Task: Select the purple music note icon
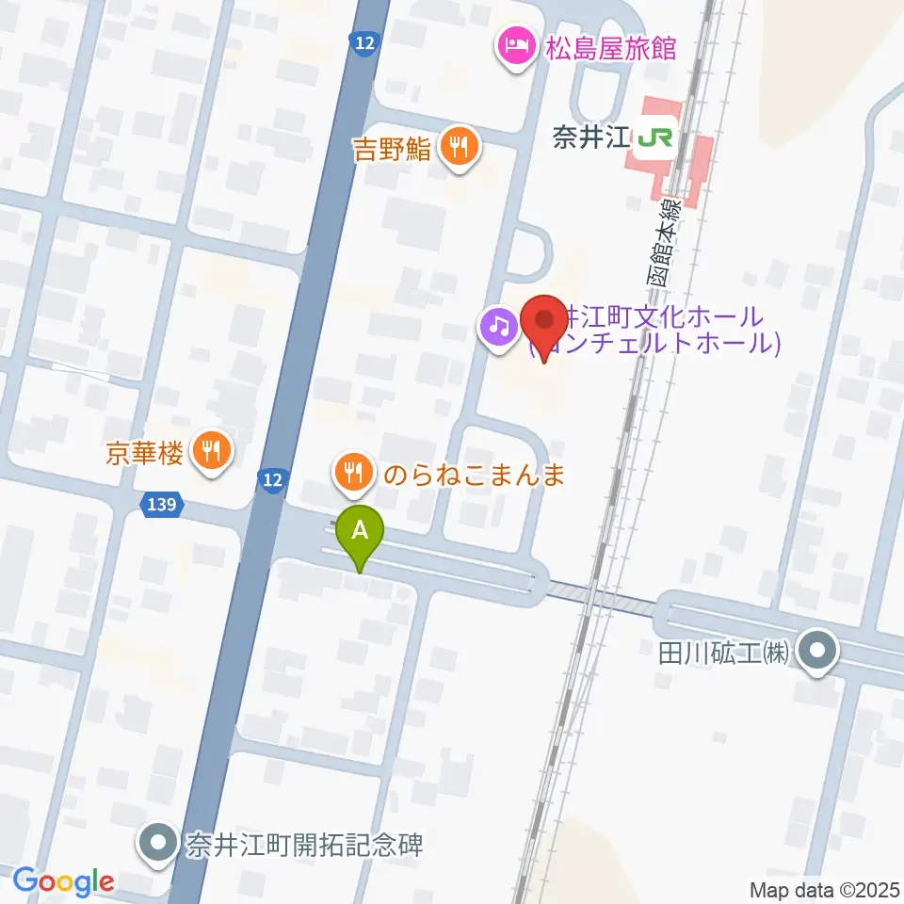coord(497,328)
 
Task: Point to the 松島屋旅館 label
coord(611,47)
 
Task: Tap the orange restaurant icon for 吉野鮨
coord(459,146)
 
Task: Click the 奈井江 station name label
coord(589,139)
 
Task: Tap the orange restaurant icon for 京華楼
coord(212,452)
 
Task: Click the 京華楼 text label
coord(144,453)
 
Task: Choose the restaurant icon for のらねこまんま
coord(354,471)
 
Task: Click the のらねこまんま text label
coord(473,474)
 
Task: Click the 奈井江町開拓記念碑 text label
coord(304,842)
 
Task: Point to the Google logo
coord(64,881)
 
